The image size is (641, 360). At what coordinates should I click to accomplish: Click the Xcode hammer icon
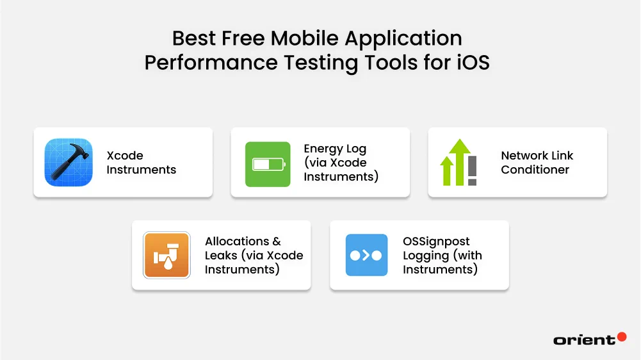click(69, 162)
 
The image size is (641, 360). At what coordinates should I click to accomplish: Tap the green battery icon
click(268, 165)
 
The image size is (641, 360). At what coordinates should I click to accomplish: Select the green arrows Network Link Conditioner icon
click(458, 162)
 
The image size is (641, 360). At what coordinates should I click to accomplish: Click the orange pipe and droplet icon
click(166, 255)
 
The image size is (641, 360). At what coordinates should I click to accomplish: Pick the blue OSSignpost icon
click(366, 255)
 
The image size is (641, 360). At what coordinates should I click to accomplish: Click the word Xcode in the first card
click(125, 156)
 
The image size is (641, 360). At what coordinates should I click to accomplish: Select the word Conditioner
click(535, 170)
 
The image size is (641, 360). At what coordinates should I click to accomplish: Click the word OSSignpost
click(436, 241)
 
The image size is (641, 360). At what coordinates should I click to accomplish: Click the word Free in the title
click(240, 38)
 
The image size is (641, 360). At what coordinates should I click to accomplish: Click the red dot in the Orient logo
click(621, 337)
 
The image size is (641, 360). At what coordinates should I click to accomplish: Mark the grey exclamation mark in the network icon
click(472, 170)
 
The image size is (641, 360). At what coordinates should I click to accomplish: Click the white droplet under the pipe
click(168, 263)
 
